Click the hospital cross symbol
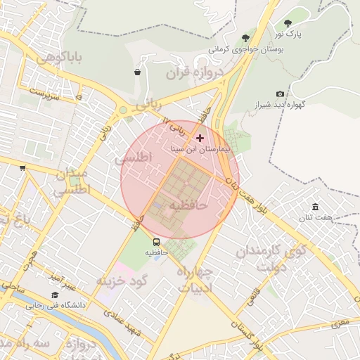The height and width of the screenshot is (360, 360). tap(200, 138)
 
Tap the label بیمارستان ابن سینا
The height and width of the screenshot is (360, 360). tap(199, 150)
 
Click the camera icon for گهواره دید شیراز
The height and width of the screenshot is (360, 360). tap(281, 94)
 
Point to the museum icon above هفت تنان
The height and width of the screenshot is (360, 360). tap(315, 207)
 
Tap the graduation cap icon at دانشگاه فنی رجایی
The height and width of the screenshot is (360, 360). tap(55, 295)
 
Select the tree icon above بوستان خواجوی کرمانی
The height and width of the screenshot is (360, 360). tap(245, 38)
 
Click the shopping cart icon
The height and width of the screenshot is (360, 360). tap(22, 167)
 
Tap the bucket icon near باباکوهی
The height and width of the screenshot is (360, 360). tap(137, 72)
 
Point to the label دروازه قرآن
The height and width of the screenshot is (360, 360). tap(194, 72)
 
